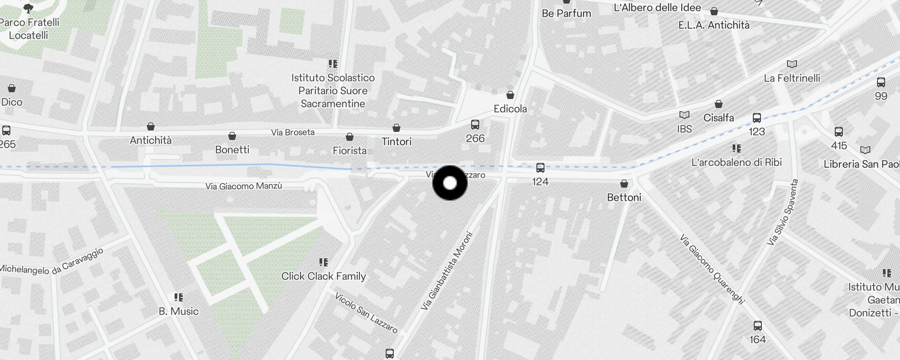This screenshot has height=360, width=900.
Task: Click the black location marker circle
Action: click(x=450, y=183)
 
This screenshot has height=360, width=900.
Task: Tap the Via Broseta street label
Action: click(x=292, y=132)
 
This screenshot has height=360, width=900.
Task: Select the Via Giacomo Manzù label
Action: click(x=243, y=186)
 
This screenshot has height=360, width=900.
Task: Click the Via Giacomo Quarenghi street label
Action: click(x=712, y=269)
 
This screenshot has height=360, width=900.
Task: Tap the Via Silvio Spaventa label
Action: click(x=783, y=212)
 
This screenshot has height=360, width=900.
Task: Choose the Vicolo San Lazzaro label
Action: click(x=366, y=313)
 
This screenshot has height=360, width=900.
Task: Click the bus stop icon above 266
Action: click(x=475, y=125)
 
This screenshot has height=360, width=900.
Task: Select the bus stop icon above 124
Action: click(x=540, y=168)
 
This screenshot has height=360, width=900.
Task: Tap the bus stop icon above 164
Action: click(x=758, y=326)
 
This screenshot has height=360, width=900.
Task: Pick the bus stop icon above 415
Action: click(x=839, y=132)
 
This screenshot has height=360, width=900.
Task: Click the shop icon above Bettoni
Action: click(x=624, y=184)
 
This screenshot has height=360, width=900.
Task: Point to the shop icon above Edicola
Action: click(x=510, y=95)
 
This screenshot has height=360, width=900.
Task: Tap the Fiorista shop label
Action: click(x=350, y=150)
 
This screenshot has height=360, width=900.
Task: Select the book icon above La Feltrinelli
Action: click(x=792, y=64)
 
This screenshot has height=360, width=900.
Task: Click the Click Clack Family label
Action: click(x=324, y=276)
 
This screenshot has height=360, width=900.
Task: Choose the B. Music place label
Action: click(x=179, y=311)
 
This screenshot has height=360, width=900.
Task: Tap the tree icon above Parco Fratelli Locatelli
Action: click(x=28, y=8)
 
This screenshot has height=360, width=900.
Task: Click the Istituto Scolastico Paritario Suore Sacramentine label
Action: click(x=333, y=90)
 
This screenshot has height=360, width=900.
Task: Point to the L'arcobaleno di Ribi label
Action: click(x=737, y=162)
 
